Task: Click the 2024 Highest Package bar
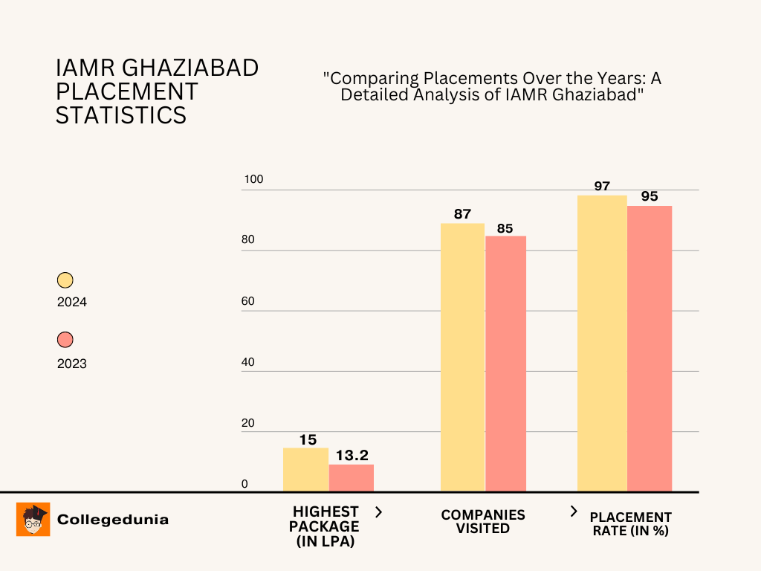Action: [x=305, y=469]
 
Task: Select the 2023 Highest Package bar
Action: [x=352, y=477]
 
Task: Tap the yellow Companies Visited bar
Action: [x=462, y=357]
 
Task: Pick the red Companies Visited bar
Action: [x=505, y=364]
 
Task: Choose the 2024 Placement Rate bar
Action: [x=602, y=343]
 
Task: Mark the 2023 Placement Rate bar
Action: [x=650, y=348]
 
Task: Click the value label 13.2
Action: [x=352, y=454]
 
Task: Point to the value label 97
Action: [x=602, y=186]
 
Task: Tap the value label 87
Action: [x=462, y=214]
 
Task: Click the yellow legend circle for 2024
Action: [x=65, y=280]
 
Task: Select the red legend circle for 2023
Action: [x=65, y=341]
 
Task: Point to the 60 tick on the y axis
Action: [x=247, y=302]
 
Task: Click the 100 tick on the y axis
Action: [x=253, y=180]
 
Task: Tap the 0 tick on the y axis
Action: [x=244, y=485]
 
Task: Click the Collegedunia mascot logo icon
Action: [x=33, y=519]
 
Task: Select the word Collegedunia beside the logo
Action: [x=113, y=520]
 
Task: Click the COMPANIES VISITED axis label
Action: [x=483, y=522]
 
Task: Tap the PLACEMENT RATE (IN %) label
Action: [x=630, y=523]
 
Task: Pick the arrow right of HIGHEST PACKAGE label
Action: [x=378, y=512]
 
